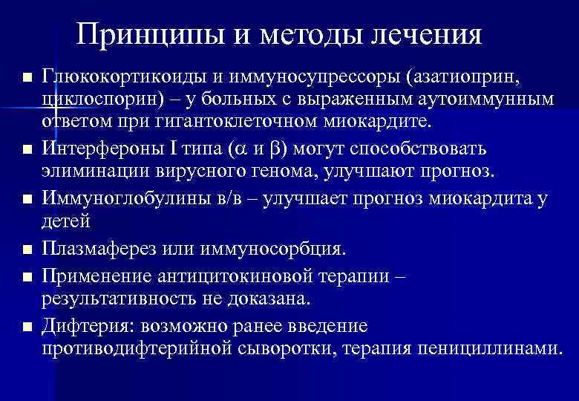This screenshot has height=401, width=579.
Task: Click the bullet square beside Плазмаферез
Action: [x=27, y=249]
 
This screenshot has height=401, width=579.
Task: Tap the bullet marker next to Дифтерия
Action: [x=27, y=327]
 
